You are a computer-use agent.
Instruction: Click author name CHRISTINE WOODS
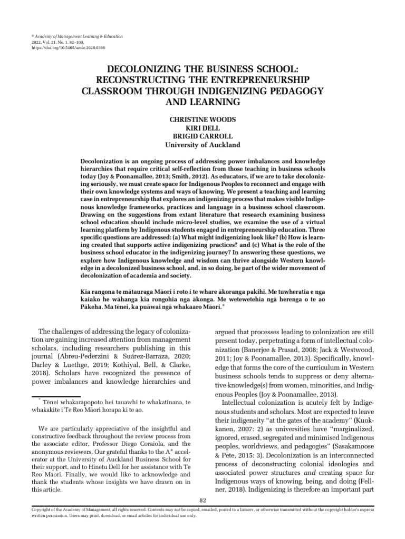point(202,120)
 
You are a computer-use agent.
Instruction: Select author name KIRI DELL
point(202,128)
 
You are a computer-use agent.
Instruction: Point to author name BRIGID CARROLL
point(202,136)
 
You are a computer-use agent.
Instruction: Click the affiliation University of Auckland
point(202,145)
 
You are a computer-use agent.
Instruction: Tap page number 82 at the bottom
point(202,500)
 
